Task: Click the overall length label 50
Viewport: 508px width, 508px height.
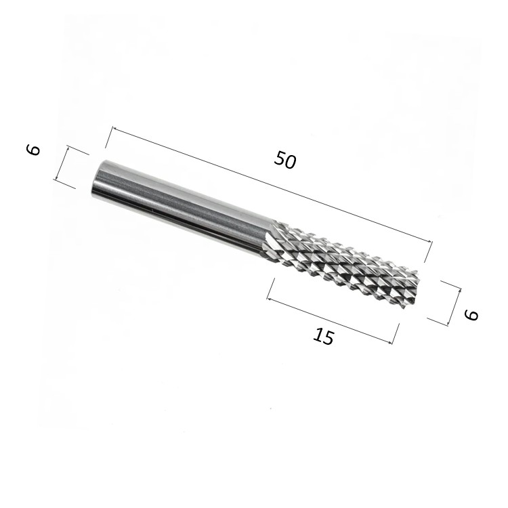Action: tap(284, 160)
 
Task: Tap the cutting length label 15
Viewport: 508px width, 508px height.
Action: tap(323, 336)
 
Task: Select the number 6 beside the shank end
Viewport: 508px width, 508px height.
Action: tap(33, 150)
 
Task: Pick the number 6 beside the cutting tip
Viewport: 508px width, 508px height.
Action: tap(471, 314)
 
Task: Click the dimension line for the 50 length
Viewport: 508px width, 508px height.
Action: tap(272, 185)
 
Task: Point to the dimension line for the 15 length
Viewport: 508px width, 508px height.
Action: tap(329, 320)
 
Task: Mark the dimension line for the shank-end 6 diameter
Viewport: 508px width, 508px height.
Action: tap(62, 164)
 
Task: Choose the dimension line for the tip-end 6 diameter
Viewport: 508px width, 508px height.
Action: tap(454, 306)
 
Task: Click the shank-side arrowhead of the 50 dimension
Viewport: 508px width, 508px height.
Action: tap(114, 129)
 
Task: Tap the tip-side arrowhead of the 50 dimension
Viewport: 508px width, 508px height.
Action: tap(430, 241)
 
